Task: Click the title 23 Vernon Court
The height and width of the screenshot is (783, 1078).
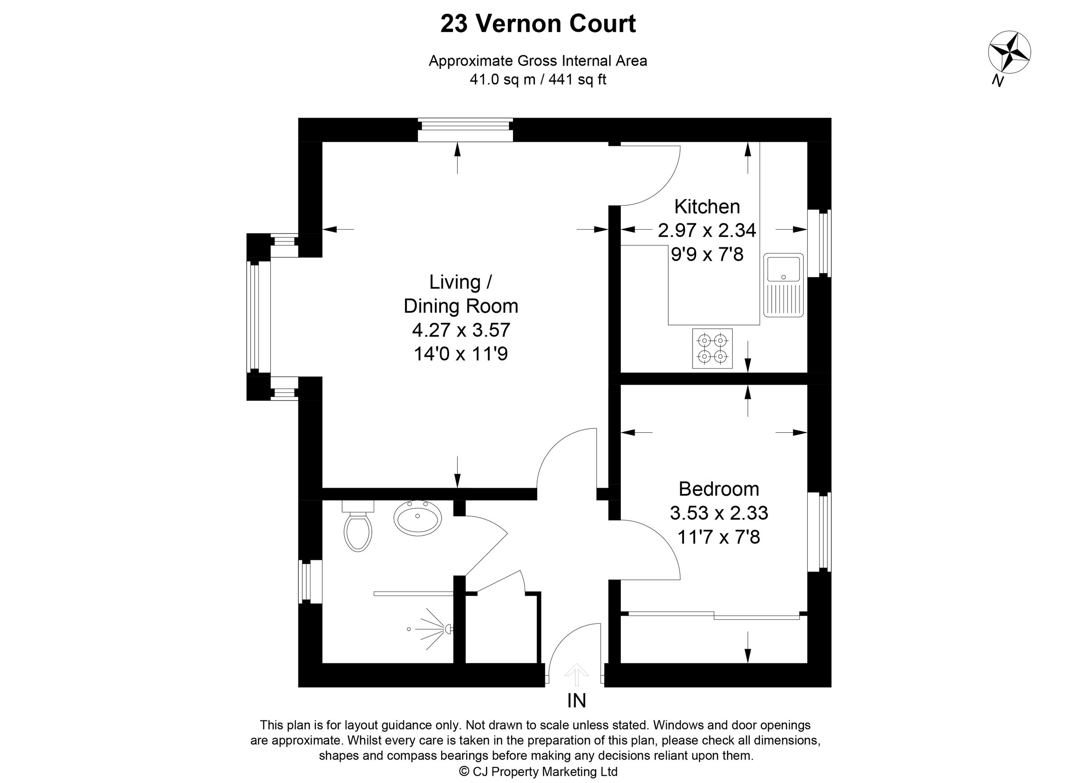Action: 538,24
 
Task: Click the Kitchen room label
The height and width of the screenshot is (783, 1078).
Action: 707,206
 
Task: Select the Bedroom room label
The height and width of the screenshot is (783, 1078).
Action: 718,489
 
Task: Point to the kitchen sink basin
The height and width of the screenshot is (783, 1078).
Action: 783,269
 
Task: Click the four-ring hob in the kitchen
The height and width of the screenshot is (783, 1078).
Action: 711,348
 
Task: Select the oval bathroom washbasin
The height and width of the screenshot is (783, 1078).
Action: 417,517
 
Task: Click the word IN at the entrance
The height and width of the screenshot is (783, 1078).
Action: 576,700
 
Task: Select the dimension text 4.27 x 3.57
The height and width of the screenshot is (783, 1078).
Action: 460,329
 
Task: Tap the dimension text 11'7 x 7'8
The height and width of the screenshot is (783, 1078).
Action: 718,537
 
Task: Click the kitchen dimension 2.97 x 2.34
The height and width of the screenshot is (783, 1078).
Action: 707,231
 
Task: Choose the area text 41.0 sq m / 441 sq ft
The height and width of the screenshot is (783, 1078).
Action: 538,80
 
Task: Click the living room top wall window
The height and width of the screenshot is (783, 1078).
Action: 465,129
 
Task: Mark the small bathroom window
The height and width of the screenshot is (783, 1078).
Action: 310,581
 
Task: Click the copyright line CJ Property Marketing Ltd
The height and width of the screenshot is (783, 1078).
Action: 538,772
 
